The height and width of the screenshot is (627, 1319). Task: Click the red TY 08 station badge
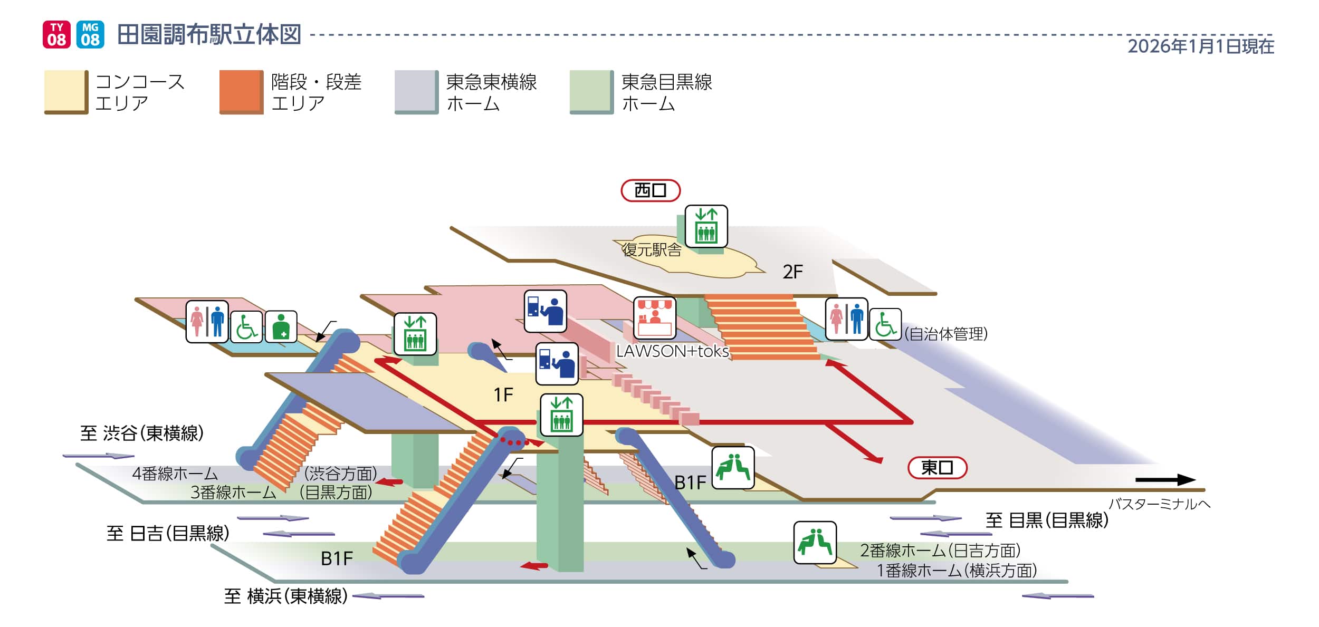tap(56, 35)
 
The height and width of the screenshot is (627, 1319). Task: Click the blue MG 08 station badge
tap(90, 35)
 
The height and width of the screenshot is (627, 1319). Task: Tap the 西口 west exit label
tap(650, 190)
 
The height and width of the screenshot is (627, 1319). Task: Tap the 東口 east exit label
tap(937, 468)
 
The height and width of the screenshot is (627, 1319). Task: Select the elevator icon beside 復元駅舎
tap(706, 226)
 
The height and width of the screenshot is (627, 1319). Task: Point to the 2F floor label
tap(792, 272)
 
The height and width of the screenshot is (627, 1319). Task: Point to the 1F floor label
tap(503, 394)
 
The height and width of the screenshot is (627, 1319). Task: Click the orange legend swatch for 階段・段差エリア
tap(241, 92)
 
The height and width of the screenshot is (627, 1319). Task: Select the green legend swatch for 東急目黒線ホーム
tap(591, 92)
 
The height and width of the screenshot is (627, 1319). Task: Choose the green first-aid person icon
tap(281, 327)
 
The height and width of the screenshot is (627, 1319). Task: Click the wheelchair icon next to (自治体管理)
tap(885, 324)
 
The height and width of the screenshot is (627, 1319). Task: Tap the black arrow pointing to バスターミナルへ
tap(1165, 480)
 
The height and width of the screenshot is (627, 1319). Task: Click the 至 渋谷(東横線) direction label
tap(142, 433)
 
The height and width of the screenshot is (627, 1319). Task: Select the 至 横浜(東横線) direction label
tap(286, 596)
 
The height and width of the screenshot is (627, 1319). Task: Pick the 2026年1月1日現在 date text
tap(1201, 46)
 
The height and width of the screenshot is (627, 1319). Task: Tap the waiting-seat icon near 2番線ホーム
tap(815, 543)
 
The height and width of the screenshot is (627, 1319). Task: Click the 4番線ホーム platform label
tap(175, 474)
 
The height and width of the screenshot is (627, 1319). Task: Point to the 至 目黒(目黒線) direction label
tap(1047, 520)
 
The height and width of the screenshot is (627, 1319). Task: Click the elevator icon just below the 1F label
tap(561, 415)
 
